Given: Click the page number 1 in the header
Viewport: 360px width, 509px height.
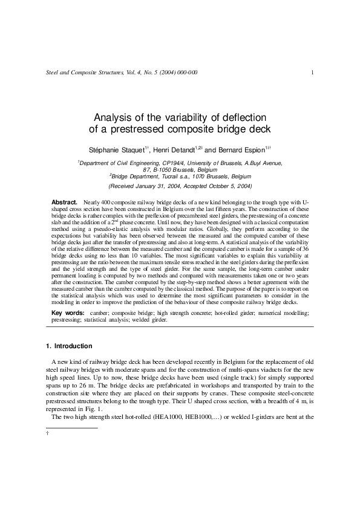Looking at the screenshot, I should (311, 73).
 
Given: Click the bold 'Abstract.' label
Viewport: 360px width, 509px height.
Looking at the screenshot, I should (64, 201).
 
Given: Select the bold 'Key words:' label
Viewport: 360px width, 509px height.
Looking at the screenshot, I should (68, 313).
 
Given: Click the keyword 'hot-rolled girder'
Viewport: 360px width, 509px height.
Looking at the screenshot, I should (237, 313).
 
